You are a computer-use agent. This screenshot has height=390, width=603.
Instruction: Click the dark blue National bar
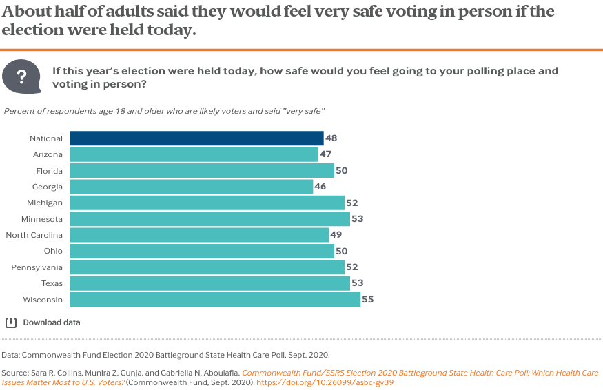(x=196, y=138)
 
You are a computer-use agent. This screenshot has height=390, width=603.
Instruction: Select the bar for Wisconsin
(x=215, y=299)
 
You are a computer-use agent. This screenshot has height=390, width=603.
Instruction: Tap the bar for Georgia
(x=192, y=187)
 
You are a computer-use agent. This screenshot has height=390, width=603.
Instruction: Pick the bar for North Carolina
(x=199, y=235)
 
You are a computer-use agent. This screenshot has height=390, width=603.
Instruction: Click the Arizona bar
(x=194, y=154)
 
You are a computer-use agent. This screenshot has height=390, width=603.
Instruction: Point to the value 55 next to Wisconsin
(x=367, y=299)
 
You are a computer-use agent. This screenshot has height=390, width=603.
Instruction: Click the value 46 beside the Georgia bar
(x=320, y=187)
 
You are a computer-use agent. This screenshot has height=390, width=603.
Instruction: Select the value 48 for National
(x=331, y=138)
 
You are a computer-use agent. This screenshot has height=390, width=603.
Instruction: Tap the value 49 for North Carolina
(x=336, y=235)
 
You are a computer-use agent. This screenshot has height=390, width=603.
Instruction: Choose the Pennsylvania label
(x=38, y=267)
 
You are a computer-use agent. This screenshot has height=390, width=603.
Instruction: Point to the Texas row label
(x=52, y=283)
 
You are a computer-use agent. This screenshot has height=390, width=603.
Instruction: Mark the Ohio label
(x=53, y=251)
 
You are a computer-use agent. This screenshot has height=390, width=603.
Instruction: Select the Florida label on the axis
(x=50, y=171)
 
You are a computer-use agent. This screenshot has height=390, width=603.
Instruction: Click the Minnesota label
(x=43, y=219)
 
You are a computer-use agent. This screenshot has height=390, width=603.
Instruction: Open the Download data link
(x=52, y=322)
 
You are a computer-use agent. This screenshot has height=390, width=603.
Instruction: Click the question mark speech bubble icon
(x=21, y=76)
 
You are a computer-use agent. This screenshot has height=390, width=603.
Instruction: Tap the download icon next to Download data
(x=11, y=322)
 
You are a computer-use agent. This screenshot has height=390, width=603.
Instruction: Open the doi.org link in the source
(x=325, y=382)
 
